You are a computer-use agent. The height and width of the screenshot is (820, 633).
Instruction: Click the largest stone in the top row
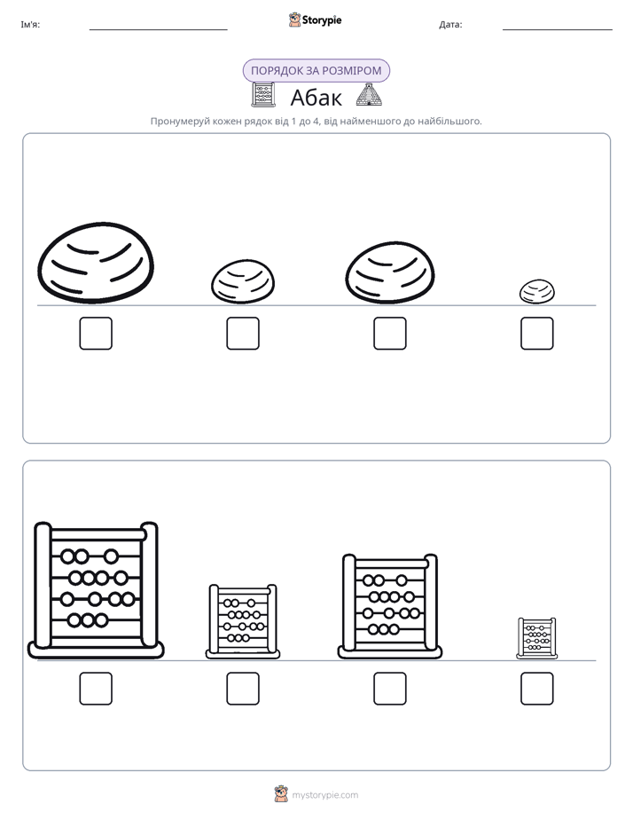tap(96, 263)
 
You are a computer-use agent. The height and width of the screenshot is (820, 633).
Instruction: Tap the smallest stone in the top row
tap(537, 292)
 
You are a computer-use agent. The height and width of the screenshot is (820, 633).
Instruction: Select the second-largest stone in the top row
tap(389, 272)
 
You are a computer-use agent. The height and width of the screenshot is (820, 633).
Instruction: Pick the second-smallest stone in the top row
tap(243, 282)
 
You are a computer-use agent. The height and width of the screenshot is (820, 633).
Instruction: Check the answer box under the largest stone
tap(96, 333)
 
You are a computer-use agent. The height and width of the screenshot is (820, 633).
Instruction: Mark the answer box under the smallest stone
tap(537, 333)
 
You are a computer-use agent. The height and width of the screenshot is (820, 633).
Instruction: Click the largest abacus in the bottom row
tap(96, 590)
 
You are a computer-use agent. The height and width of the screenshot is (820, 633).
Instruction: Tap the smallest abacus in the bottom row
tap(537, 638)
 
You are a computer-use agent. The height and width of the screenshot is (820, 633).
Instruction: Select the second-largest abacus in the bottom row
tap(389, 606)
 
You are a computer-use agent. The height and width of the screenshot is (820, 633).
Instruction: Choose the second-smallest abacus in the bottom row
tap(243, 621)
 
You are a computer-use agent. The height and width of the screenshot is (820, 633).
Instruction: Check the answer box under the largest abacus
tap(96, 689)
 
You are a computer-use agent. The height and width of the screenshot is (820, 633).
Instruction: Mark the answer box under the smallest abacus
tap(537, 689)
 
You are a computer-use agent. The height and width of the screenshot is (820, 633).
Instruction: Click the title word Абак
tap(316, 98)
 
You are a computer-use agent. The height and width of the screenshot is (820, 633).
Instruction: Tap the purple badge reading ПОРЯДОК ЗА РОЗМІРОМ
tap(316, 71)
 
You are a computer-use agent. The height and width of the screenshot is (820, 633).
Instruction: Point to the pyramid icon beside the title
tap(369, 95)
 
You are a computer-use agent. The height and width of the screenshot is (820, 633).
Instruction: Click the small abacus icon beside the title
tap(263, 95)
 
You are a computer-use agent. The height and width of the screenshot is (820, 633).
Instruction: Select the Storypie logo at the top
tap(315, 20)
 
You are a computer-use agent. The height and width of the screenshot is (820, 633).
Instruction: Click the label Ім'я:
tap(30, 25)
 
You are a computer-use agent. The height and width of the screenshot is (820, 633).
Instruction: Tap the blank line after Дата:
tap(558, 29)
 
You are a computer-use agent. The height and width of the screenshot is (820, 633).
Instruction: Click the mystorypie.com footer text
tap(324, 795)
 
